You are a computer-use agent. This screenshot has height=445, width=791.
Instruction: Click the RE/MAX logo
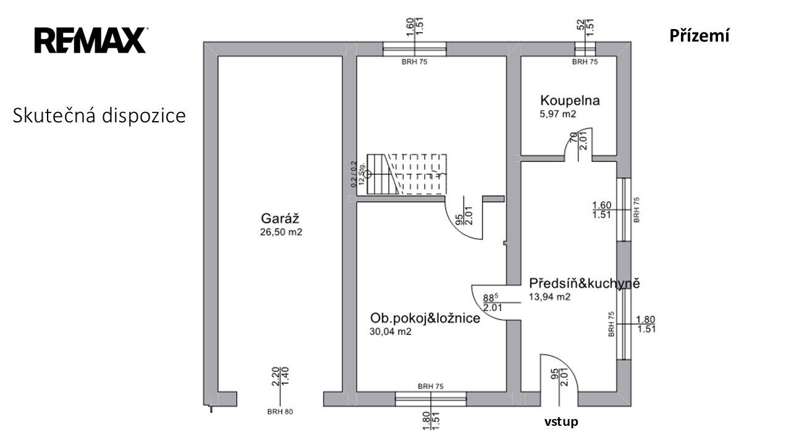pos(90,40)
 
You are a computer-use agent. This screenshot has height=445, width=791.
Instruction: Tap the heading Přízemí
pos(699,36)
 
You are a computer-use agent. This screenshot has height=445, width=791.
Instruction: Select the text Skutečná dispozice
pos(99,116)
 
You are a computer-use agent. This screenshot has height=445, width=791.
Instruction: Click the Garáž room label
pos(280,219)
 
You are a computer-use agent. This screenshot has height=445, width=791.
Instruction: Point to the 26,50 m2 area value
pos(281,232)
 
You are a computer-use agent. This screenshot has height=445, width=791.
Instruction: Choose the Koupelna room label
pos(570,101)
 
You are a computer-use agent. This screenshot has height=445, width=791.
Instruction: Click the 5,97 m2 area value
pos(558,114)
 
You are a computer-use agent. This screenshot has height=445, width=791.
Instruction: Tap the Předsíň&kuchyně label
pos(585,283)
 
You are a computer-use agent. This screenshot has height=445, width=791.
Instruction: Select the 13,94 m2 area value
pos(549,297)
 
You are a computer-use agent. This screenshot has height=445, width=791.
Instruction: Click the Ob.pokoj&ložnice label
pos(425,318)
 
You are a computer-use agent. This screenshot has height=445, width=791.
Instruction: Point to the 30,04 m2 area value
pos(391,332)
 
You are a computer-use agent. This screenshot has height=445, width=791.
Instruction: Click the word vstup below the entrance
pos(561,422)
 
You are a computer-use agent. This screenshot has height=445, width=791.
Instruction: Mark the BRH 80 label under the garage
pos(280,412)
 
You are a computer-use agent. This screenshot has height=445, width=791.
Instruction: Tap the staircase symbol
pos(407,174)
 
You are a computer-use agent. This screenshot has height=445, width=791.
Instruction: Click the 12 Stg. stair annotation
pos(362,174)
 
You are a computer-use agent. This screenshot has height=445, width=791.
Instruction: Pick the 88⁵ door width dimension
pos(491,298)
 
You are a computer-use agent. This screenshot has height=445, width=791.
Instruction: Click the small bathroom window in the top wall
pos(585,49)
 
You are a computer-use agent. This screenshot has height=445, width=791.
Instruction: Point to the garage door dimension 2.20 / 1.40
pos(281,376)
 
